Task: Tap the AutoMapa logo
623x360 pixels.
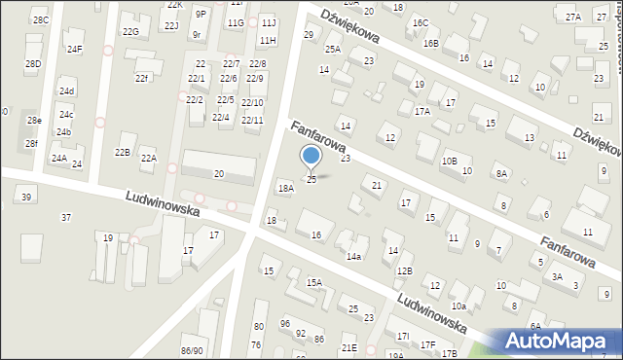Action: tap(561, 340)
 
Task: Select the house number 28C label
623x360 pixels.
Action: tap(40, 19)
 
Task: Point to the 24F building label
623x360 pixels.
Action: tap(74, 49)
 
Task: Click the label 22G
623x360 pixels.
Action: tap(130, 31)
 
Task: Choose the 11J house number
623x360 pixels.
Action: tap(268, 21)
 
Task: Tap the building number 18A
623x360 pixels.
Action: tap(285, 188)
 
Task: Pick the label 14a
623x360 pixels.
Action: tap(354, 256)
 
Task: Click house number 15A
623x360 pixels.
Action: tap(313, 282)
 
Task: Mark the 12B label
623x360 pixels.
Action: tap(404, 270)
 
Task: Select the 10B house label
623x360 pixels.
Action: tap(449, 161)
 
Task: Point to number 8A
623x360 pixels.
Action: tap(501, 173)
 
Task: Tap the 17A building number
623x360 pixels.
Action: tap(421, 111)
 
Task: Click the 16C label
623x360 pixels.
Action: tap(420, 22)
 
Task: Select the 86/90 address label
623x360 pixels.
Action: tap(192, 350)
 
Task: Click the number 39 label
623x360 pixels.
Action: tap(26, 198)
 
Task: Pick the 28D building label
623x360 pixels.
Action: tap(33, 63)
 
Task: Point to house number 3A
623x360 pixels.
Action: tap(557, 276)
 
